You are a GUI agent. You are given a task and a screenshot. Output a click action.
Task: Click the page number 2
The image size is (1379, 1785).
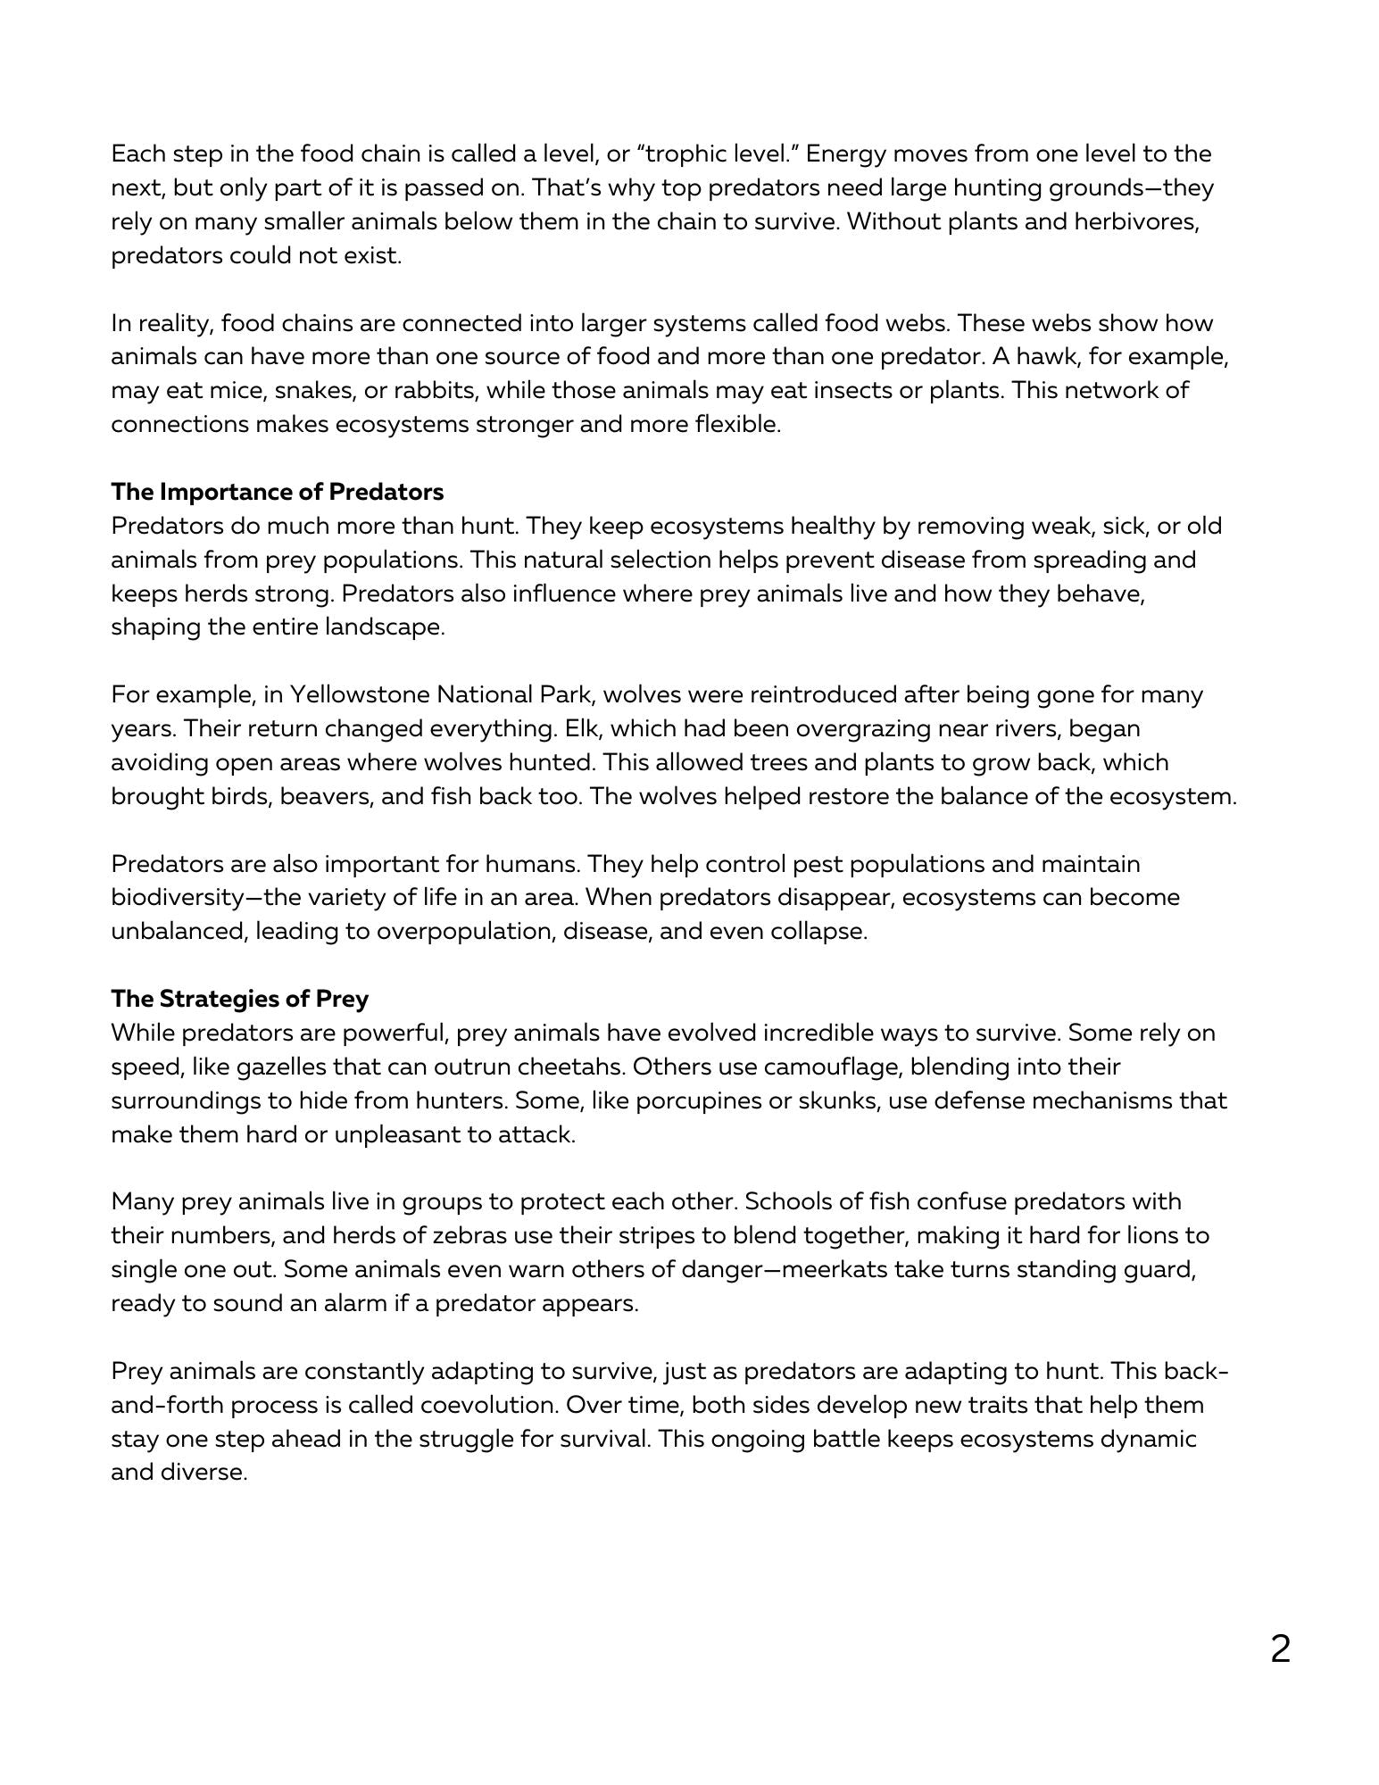click(x=1280, y=1649)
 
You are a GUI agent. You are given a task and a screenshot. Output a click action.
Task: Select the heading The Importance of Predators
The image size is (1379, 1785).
click(x=277, y=492)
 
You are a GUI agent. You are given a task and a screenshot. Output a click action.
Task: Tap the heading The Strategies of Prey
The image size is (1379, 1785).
click(x=239, y=999)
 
